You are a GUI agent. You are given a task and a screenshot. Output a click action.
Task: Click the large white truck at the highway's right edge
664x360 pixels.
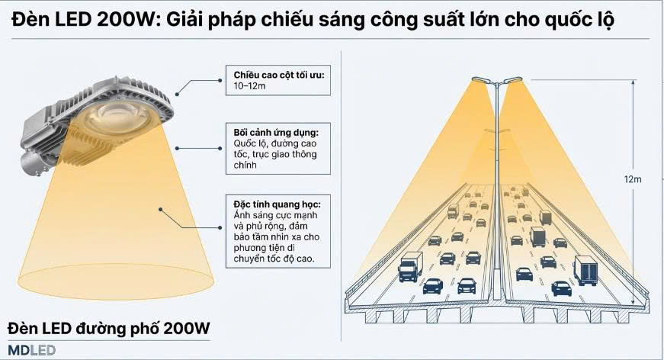587,269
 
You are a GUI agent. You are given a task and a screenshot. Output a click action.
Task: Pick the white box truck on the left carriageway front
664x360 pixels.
410,265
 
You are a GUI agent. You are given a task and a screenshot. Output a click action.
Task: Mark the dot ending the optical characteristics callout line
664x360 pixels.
161,207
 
